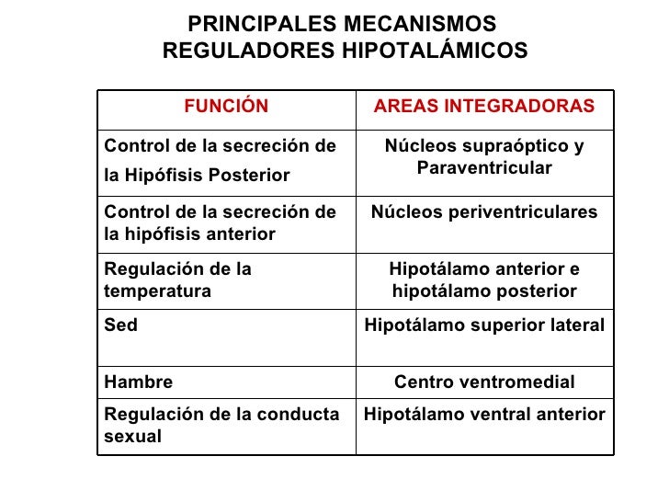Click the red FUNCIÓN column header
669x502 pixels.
coord(226,107)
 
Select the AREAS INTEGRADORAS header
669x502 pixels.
coord(484,107)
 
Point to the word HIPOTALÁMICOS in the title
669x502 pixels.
coord(435,51)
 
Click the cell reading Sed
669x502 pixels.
coord(121,325)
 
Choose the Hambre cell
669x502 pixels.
coord(139,382)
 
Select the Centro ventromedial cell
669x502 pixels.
coord(484,382)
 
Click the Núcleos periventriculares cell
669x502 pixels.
coord(484,212)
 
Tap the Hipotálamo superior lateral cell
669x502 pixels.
coord(484,325)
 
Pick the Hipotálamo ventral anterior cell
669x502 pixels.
coord(484,415)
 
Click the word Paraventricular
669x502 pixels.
coord(484,168)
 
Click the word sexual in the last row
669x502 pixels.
coord(133,436)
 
